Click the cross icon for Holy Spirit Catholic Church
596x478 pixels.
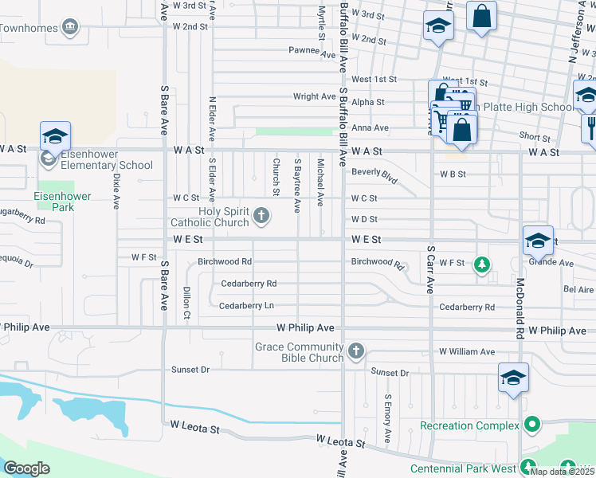click(x=261, y=215)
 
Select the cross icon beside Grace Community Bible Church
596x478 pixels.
click(x=356, y=351)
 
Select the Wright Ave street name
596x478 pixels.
click(x=315, y=96)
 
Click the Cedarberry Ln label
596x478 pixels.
click(x=246, y=305)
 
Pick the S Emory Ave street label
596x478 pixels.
click(x=387, y=418)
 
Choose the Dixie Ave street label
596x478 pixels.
click(x=116, y=191)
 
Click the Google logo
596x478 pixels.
click(x=26, y=468)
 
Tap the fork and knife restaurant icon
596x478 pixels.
click(x=590, y=127)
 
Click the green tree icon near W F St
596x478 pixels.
click(x=481, y=264)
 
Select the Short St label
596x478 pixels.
click(x=535, y=137)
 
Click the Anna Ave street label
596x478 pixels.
click(x=370, y=127)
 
